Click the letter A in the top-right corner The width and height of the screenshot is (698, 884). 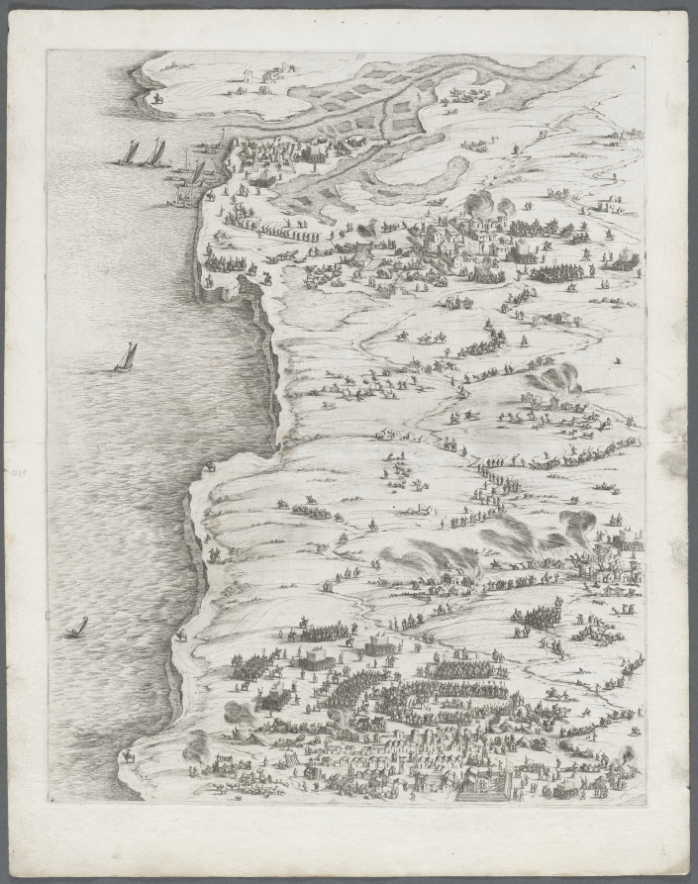click(633, 61)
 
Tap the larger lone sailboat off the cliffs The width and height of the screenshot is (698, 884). click(126, 357)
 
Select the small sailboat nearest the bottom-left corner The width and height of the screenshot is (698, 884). click(77, 628)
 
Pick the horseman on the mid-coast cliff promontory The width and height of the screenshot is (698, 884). click(210, 465)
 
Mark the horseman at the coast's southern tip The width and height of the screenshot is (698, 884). click(128, 756)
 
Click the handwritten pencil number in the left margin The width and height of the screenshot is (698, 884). click(18, 475)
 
